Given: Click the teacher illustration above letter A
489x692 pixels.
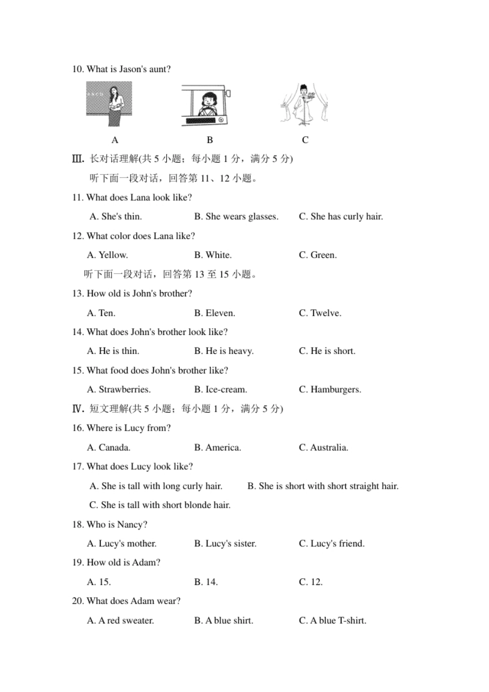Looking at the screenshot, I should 109,104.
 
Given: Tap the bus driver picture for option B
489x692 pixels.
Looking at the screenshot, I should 206,105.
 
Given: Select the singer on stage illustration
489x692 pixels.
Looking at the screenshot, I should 304,104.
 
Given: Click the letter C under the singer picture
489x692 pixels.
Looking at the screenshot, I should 305,140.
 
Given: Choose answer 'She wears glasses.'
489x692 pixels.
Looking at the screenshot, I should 236,217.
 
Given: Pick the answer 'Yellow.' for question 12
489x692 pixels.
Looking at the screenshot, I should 108,255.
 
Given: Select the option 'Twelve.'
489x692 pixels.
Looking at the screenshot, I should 320,313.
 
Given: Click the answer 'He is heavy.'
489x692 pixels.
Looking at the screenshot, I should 224,351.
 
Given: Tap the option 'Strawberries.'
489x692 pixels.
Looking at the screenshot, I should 119,389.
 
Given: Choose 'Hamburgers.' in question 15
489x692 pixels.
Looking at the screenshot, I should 330,389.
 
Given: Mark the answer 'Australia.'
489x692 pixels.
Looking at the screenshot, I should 323,448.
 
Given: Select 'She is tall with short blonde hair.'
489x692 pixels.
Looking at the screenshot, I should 160,505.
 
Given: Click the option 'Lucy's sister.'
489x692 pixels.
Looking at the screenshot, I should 225,544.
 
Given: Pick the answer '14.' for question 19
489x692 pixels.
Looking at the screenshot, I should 206,582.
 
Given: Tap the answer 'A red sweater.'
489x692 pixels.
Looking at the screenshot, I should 120,620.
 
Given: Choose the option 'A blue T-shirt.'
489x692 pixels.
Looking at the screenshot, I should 333,620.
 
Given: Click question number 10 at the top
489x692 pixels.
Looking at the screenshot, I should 78,69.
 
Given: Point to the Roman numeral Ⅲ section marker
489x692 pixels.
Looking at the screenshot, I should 78,159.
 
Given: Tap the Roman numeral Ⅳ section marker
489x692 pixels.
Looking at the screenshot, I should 78,409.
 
